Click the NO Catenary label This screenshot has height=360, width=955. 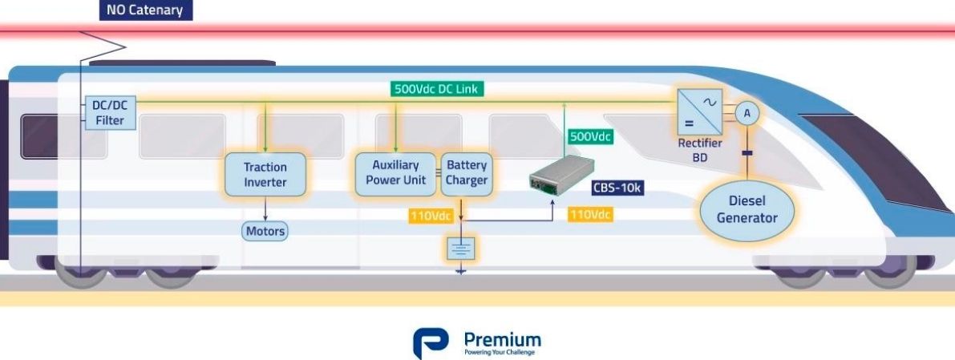point(145,10)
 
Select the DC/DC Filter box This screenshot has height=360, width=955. point(109,113)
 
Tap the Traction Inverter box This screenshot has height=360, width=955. point(265,175)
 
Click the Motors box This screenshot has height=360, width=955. point(265,231)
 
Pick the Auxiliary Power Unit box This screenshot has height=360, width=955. point(395,173)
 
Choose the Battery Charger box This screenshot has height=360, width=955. point(467,173)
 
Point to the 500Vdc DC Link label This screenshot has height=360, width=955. point(438,89)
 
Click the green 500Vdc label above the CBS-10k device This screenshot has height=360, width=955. point(590,136)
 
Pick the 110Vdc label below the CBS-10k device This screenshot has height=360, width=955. point(590,215)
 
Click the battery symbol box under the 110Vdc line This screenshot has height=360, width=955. point(461,249)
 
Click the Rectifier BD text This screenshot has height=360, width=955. point(699,150)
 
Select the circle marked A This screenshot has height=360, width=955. point(747,114)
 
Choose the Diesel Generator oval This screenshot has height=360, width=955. point(747,211)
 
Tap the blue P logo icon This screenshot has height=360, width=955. point(430,342)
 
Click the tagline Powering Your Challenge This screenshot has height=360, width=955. point(500,351)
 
